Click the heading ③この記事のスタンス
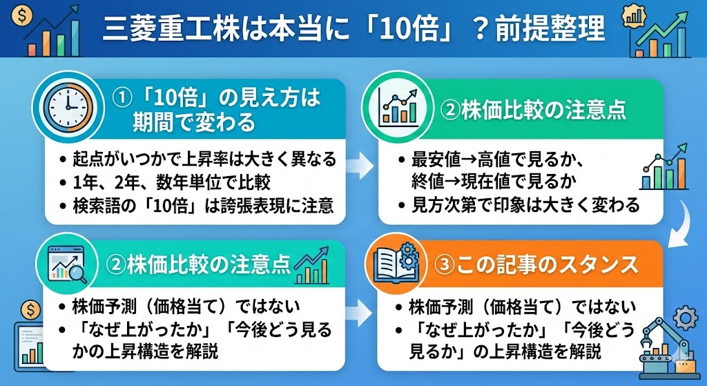click(536, 265)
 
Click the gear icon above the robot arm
click(684, 317)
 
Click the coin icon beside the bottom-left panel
click(30, 308)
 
